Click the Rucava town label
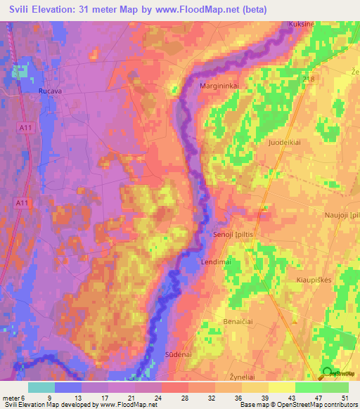51,90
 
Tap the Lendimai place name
217,260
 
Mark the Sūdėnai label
179,354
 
